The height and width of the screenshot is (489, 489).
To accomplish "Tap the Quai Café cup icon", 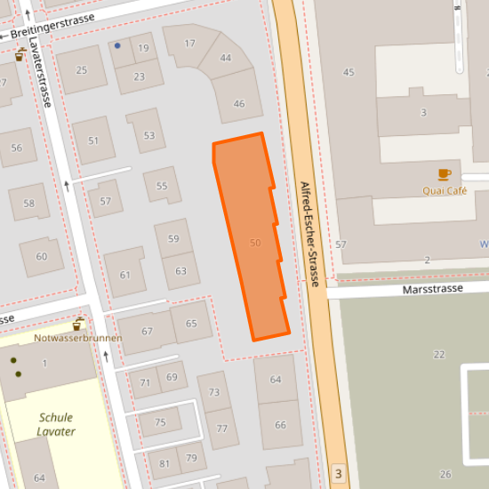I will (444, 174).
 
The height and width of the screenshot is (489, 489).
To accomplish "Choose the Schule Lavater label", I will (57, 424).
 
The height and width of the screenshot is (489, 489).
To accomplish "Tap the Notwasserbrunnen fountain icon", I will (78, 325).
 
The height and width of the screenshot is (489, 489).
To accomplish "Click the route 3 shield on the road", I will (337, 473).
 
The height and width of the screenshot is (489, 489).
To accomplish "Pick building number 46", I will (238, 104).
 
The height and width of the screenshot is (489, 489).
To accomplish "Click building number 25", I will (82, 71).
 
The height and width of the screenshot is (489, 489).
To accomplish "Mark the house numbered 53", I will (148, 136).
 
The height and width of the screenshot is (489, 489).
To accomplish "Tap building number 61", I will (125, 275).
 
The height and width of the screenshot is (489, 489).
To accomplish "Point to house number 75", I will (160, 422).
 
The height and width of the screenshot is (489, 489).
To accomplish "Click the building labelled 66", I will (281, 425).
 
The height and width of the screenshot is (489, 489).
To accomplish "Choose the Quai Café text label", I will (445, 190).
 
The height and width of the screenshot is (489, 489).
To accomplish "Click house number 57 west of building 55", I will (106, 201).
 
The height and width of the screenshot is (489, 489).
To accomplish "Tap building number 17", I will (189, 44).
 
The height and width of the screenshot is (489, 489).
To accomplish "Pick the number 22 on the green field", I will (438, 354).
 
